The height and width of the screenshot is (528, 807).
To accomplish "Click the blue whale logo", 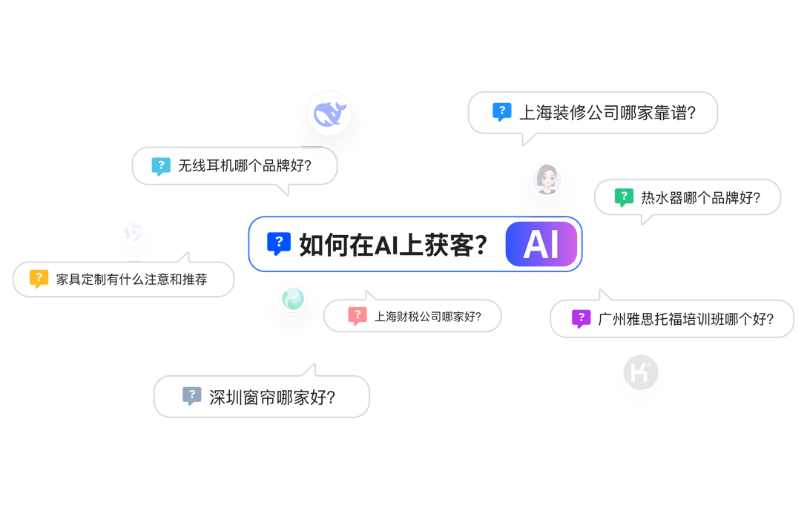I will pyautogui.click(x=329, y=113).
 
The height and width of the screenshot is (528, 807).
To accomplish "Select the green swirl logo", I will pyautogui.click(x=292, y=299).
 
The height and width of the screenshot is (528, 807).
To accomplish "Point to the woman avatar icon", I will pyautogui.click(x=547, y=179).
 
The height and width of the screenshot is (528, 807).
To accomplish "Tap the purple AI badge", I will pyautogui.click(x=541, y=244).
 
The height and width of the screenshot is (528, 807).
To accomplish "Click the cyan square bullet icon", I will pyautogui.click(x=157, y=165).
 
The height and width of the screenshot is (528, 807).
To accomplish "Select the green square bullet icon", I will pyautogui.click(x=620, y=197).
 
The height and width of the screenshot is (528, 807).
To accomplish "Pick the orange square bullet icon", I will pyautogui.click(x=36, y=278).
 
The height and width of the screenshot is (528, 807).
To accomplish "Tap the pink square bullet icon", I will pyautogui.click(x=352, y=315).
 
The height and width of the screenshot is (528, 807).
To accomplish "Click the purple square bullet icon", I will pyautogui.click(x=576, y=318).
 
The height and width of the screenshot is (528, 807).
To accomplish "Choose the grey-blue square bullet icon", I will pyautogui.click(x=185, y=396).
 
